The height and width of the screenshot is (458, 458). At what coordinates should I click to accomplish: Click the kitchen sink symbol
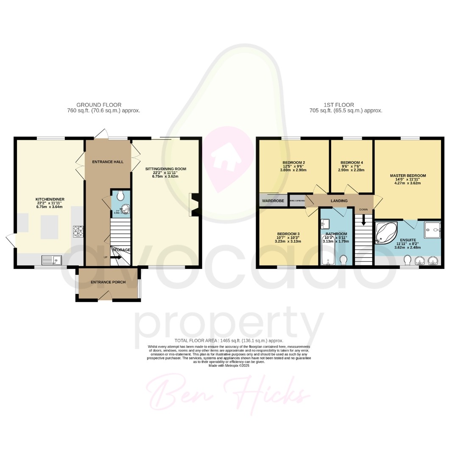51,260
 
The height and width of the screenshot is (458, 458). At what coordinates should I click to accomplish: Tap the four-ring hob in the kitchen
78,231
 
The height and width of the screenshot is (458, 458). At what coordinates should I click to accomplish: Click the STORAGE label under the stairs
121,250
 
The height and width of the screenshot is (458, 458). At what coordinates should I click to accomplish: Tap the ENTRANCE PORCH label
108,282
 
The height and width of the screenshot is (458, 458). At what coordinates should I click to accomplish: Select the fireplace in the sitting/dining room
194,205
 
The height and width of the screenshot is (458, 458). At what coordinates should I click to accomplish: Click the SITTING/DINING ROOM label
166,169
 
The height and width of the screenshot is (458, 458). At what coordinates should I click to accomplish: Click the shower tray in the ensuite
433,230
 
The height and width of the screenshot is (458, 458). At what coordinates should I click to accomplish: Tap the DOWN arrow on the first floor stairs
363,221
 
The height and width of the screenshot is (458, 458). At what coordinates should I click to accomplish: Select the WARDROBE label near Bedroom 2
273,201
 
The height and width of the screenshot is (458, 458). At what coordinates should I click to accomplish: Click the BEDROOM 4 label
352,162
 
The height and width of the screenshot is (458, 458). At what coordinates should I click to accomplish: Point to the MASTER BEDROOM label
408,175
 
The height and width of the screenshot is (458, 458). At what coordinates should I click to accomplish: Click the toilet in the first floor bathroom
343,259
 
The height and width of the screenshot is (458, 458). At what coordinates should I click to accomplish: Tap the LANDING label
339,201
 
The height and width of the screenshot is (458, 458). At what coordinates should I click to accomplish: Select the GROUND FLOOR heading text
99,105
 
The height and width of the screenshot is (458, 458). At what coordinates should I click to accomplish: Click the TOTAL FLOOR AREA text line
229,341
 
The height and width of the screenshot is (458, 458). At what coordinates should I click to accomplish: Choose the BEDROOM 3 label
288,234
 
